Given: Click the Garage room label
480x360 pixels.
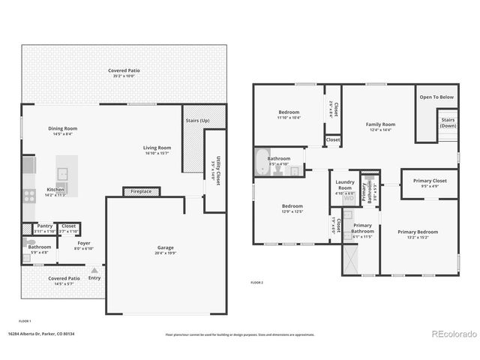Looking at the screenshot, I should [x=164, y=247].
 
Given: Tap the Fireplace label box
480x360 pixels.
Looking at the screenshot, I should [x=141, y=191].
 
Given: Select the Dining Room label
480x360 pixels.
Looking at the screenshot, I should [x=62, y=128].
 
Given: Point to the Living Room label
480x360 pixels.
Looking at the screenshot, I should [x=157, y=148].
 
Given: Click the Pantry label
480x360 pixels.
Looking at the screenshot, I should [x=45, y=226].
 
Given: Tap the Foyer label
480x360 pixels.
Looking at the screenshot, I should [x=84, y=243].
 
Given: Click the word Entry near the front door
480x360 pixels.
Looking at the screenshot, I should [x=94, y=278].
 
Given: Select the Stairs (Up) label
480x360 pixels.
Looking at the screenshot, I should [x=196, y=121].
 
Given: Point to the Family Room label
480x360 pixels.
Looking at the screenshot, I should [x=380, y=124].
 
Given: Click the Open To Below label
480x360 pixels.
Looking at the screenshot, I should [x=436, y=97].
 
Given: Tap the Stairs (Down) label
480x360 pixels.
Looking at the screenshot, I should [x=448, y=122].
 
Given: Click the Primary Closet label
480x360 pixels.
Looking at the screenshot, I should [x=430, y=180].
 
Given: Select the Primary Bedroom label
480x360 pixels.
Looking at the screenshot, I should [x=418, y=232].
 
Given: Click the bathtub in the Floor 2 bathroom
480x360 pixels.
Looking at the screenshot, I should [x=262, y=163].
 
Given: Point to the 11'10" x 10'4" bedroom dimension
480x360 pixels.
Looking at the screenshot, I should [x=289, y=118].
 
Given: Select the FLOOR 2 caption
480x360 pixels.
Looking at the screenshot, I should [x=257, y=282].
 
